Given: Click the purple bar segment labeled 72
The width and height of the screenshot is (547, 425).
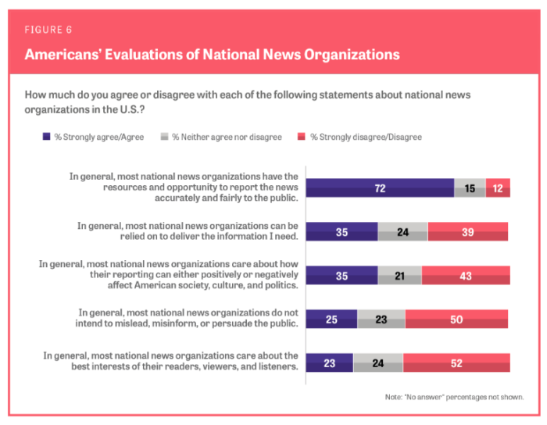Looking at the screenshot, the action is (381, 188).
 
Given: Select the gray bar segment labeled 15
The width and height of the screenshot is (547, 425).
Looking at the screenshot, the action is (470, 188).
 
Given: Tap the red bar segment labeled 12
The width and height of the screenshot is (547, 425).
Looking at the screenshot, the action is (498, 188).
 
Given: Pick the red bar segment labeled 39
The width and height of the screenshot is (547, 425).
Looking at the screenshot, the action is (468, 231).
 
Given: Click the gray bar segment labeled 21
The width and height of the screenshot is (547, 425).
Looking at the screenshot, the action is (400, 276).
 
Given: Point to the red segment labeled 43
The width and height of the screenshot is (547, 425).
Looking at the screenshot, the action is (466, 276).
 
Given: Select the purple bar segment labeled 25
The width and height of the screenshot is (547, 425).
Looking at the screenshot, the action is (332, 319).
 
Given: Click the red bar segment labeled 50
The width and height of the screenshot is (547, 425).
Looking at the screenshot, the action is (456, 319).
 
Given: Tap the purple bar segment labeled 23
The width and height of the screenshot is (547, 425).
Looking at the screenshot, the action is (330, 362).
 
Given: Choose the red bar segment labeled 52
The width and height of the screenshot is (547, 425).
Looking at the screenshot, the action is (456, 362).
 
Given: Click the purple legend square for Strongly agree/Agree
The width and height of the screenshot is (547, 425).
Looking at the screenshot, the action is (46, 136).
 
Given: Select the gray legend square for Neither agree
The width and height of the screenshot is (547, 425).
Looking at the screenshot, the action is (164, 136).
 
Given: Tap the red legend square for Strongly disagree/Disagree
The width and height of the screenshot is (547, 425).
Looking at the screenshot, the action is (302, 136).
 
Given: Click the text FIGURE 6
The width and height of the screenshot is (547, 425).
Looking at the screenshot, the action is (48, 30).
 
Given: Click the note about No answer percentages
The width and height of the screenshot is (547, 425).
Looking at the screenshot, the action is (454, 397).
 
